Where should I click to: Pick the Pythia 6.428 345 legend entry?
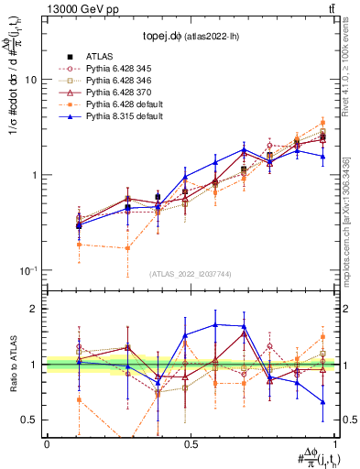120,69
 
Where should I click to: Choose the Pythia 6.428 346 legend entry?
120,81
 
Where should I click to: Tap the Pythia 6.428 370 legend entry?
120,93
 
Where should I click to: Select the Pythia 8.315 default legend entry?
125,116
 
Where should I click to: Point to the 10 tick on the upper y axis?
33,80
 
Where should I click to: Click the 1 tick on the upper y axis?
36,175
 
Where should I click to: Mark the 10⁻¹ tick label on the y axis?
30,270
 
